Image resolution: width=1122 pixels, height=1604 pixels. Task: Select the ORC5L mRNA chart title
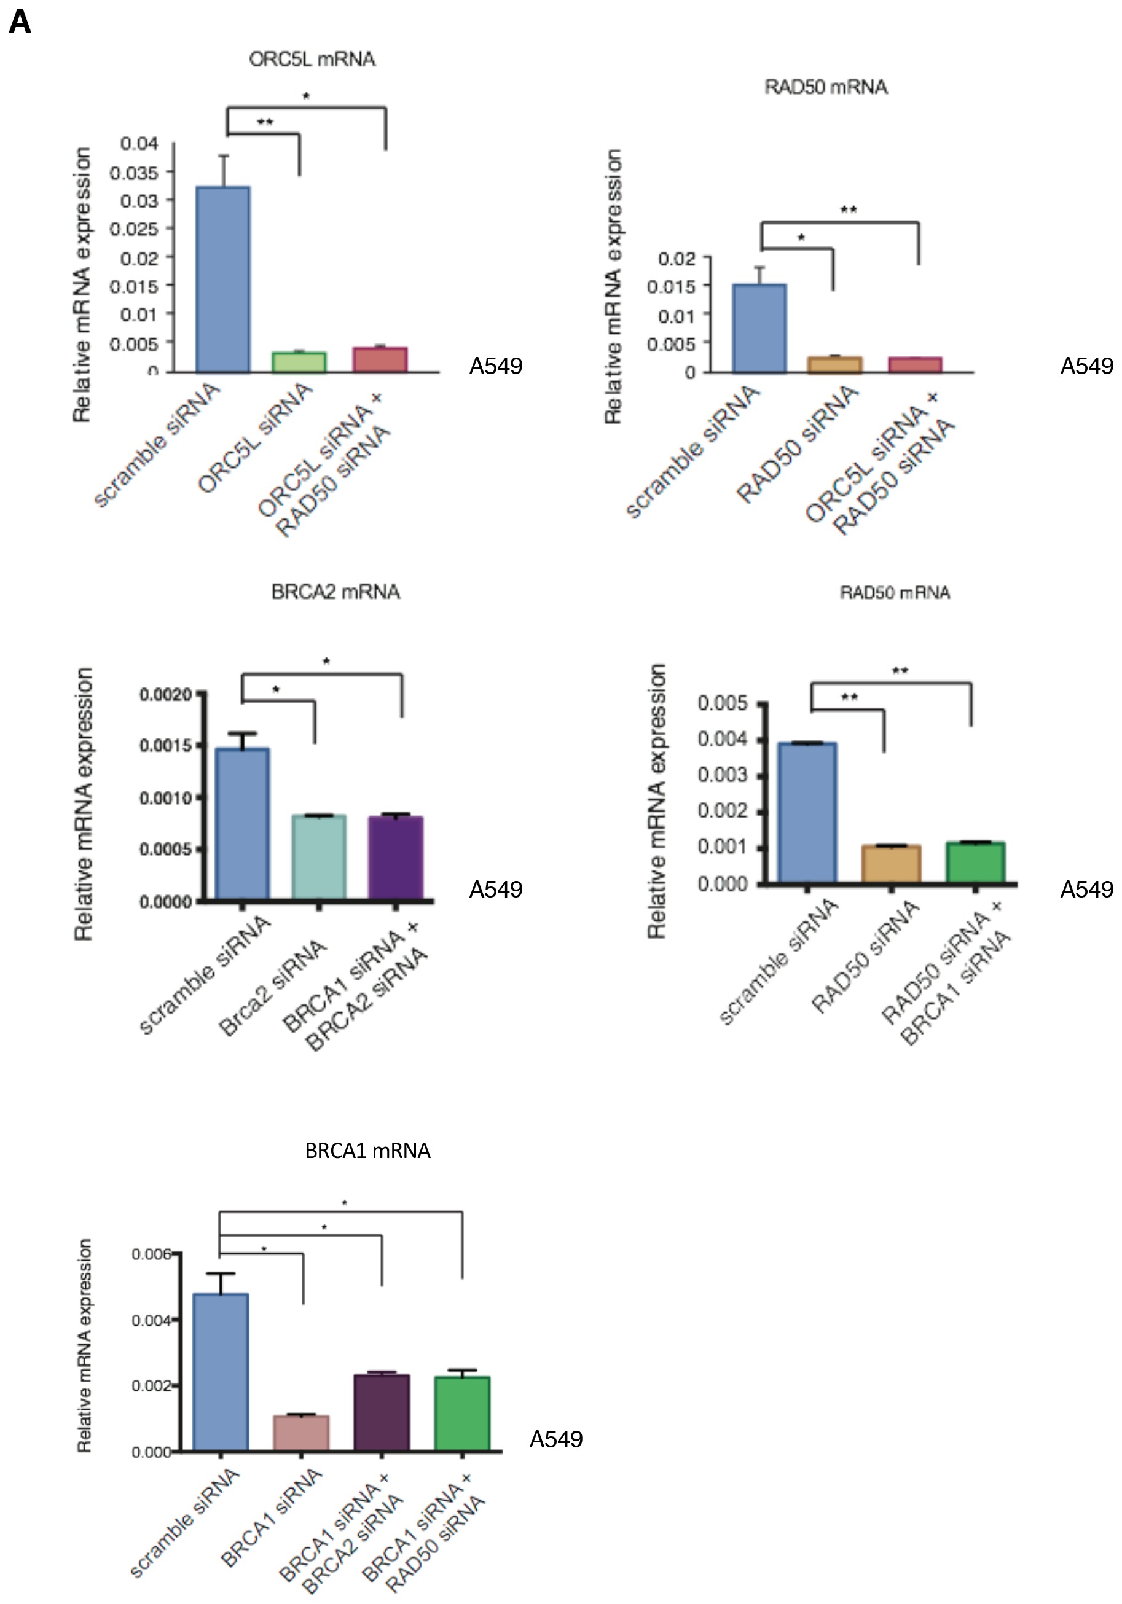[x=312, y=60]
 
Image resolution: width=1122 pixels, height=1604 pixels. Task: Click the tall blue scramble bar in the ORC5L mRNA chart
[x=223, y=280]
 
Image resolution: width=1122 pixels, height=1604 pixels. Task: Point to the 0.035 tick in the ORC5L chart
[x=133, y=172]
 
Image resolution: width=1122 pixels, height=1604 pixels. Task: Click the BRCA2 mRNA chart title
[x=335, y=592]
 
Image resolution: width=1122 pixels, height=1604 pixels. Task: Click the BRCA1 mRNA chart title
[x=367, y=1151]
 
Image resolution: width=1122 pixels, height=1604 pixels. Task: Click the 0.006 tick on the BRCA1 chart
[x=152, y=1254]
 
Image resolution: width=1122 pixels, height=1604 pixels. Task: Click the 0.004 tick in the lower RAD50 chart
[x=723, y=738]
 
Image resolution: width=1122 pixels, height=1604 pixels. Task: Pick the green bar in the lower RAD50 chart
[x=975, y=862]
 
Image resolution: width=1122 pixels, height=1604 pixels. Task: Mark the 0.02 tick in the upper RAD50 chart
[x=677, y=259]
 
